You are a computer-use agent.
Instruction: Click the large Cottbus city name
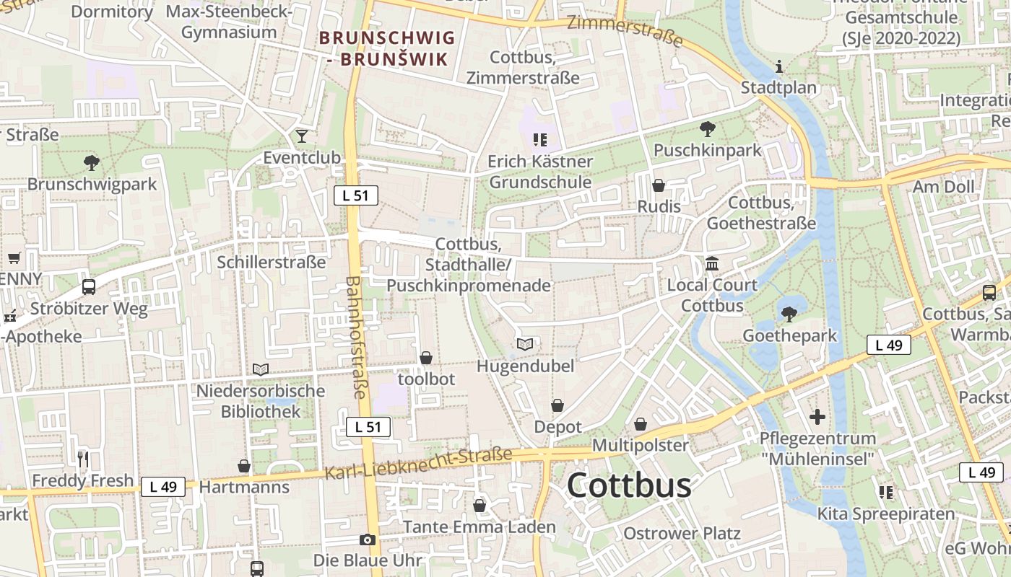tap(629, 485)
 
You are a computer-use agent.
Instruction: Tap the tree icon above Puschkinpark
tap(707, 129)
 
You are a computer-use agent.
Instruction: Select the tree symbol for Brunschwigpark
tap(91, 162)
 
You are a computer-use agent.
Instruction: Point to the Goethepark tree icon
tap(789, 314)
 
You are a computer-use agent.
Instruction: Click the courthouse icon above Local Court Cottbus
tap(712, 263)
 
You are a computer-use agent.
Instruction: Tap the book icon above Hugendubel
tap(525, 345)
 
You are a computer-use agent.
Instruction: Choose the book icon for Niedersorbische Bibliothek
tap(261, 369)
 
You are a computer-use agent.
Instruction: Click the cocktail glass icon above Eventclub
tap(302, 136)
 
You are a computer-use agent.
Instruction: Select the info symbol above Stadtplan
tap(778, 67)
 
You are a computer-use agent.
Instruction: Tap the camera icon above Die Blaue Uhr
tap(367, 539)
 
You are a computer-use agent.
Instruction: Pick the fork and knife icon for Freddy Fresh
tap(83, 459)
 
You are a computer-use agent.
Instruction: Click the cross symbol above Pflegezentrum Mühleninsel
tap(817, 417)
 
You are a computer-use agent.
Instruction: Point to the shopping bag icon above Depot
tap(557, 406)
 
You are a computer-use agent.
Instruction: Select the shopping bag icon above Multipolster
tap(640, 424)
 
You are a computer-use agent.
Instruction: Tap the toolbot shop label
tap(426, 379)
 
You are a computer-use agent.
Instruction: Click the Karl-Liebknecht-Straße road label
tap(418, 464)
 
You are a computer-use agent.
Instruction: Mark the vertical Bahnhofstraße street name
tap(355, 338)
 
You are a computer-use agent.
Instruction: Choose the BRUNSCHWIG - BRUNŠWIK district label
tap(387, 48)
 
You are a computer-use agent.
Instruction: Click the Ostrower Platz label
tap(682, 534)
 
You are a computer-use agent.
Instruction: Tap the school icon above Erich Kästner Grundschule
tap(540, 139)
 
